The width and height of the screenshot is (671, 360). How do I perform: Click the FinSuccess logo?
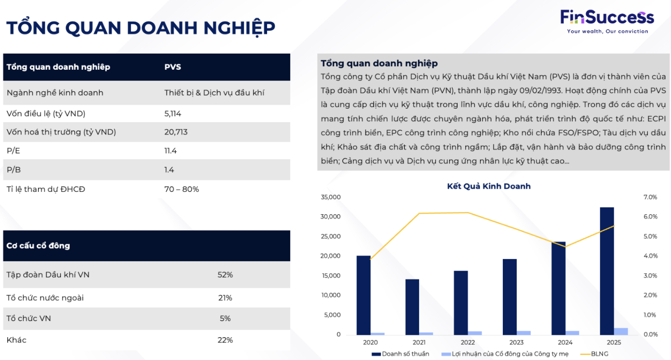(x=607, y=21)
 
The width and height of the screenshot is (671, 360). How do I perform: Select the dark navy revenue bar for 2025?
(x=607, y=271)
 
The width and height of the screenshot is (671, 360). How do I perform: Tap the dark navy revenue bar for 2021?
(x=412, y=307)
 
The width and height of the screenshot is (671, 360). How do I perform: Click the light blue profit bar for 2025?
(x=621, y=331)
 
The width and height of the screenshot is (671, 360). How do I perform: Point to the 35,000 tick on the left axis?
(x=331, y=197)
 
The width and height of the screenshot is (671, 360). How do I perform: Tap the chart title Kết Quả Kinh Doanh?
(x=488, y=186)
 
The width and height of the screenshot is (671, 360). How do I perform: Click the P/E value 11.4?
(x=170, y=151)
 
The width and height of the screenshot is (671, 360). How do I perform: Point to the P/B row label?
(x=13, y=170)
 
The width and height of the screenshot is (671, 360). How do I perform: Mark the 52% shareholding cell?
(x=225, y=275)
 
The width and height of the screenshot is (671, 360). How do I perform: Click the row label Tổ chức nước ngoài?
(x=45, y=298)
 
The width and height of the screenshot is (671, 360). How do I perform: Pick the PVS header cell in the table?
(x=173, y=67)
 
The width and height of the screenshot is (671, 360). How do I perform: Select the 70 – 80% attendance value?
(x=181, y=189)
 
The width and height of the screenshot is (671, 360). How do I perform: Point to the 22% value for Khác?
(x=225, y=340)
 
